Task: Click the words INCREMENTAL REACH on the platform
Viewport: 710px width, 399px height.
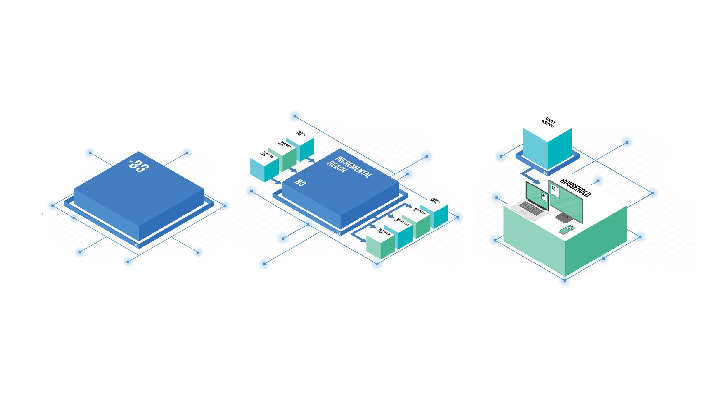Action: (x=349, y=167)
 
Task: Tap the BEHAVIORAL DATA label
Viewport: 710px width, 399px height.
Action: (x=267, y=155)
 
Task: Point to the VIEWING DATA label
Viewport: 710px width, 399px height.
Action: (x=301, y=134)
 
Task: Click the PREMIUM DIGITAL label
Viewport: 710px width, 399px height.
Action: (x=435, y=201)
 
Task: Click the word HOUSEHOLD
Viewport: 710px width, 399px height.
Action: (x=575, y=187)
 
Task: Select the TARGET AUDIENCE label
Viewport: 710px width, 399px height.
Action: (x=548, y=122)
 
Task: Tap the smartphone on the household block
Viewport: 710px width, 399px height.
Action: (x=567, y=230)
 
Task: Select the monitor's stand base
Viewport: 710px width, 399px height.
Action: (x=564, y=218)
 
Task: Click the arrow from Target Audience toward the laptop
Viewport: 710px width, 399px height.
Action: (x=531, y=178)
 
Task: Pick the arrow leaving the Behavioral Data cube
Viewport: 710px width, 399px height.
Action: (x=277, y=181)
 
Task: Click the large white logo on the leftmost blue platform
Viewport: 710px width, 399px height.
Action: (x=139, y=166)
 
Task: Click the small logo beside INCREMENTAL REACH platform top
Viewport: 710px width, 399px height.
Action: (x=301, y=182)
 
